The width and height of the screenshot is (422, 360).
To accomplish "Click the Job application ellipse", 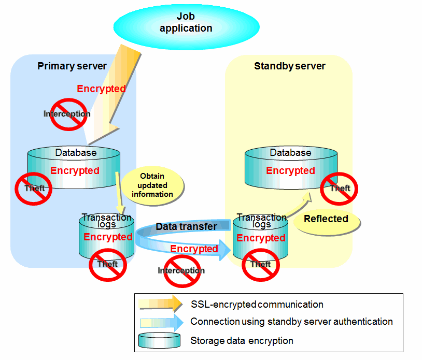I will [186, 23].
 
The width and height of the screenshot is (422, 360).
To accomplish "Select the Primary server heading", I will [72, 66].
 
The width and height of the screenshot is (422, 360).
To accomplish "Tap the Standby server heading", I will [289, 66].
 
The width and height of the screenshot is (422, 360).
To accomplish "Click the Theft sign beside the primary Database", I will [32, 188].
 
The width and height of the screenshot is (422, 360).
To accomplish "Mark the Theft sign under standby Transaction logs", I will [261, 264].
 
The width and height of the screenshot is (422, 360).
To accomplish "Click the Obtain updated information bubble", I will [152, 186].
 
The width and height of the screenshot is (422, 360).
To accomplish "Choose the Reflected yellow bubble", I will [327, 219].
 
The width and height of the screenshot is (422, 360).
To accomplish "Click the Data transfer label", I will [187, 226].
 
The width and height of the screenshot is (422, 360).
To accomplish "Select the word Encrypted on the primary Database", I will [75, 170].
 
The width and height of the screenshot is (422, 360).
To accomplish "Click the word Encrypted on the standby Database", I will [290, 170].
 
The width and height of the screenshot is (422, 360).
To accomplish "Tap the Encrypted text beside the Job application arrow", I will [101, 89].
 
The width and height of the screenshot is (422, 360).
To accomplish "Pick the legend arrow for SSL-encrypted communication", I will [161, 304].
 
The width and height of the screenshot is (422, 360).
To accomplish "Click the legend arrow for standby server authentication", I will [161, 322].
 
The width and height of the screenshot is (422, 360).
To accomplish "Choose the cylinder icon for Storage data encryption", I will [160, 340].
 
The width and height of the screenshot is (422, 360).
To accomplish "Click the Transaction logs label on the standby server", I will [261, 221].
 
